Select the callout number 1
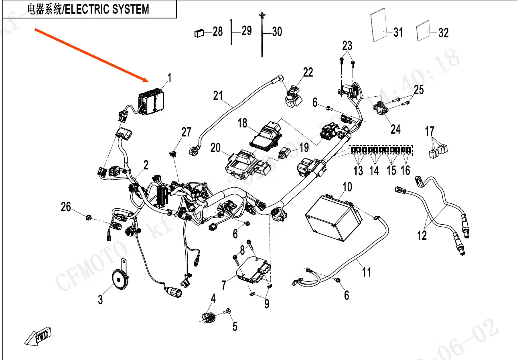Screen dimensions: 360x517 (169, 78)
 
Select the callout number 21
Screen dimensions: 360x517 (218, 96)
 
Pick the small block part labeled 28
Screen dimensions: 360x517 (199, 33)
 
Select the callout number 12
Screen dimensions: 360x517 (422, 235)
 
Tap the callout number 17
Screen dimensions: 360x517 (430, 131)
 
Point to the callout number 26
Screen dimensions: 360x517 (66, 207)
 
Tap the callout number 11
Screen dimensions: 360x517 (367, 273)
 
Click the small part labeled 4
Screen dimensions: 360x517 (208, 317)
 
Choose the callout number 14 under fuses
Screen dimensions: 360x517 (374, 171)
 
